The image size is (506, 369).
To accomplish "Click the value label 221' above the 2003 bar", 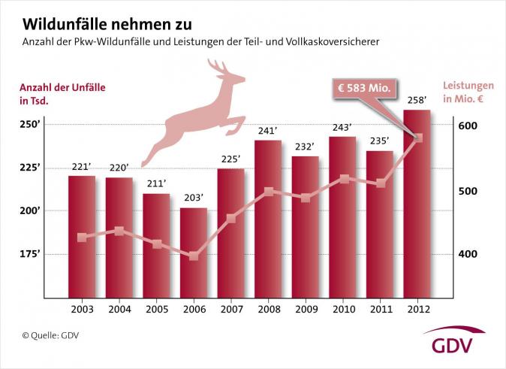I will click(82, 167).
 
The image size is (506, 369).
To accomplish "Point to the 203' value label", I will click(194, 199).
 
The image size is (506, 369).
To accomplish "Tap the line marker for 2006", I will click(194, 256).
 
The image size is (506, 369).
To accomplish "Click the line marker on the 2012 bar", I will click(418, 138).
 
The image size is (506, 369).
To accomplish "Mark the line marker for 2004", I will click(119, 231).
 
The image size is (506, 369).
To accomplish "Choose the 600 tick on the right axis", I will click(467, 126).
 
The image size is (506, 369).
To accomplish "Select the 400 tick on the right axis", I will click(467, 255).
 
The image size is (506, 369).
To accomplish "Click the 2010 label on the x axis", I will click(342, 309).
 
